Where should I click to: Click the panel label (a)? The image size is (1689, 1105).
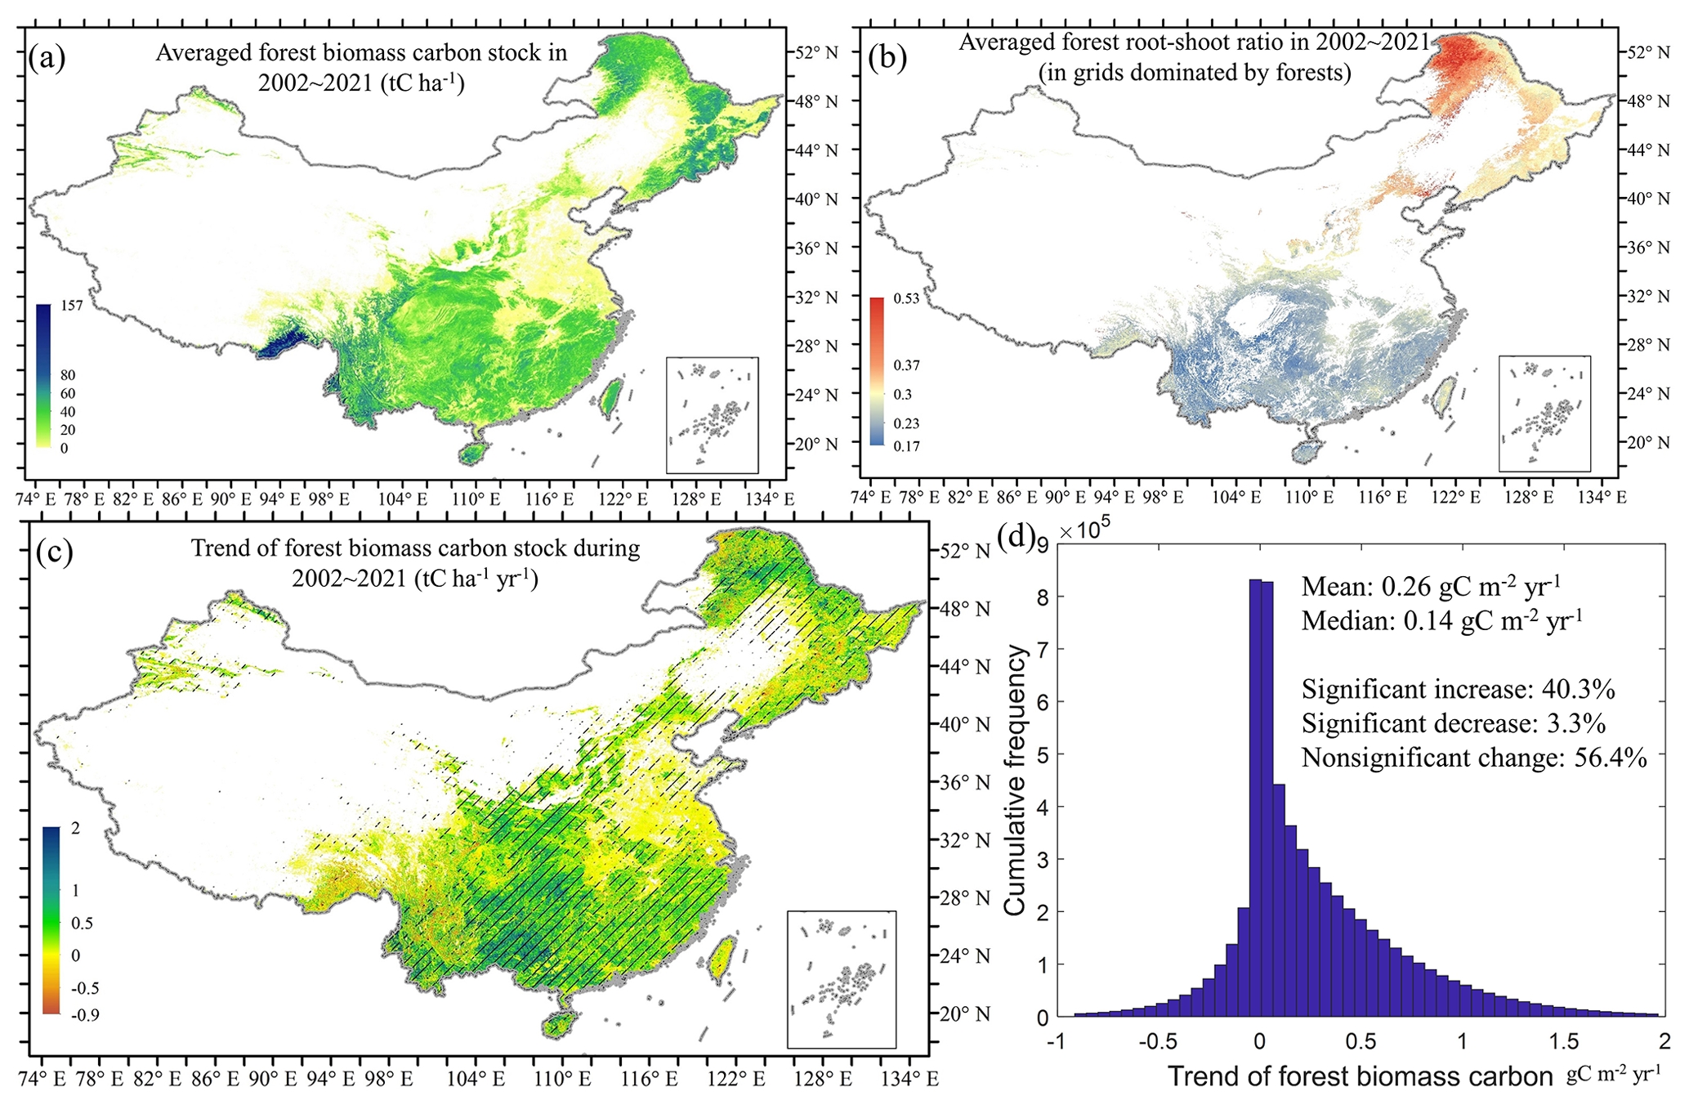pos(46,59)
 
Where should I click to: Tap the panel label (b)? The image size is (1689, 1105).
pos(887,58)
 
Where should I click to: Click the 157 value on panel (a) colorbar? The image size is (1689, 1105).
pos(72,306)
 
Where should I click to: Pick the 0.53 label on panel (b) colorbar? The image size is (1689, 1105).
pos(906,298)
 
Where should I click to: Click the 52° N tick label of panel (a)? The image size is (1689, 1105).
pos(818,53)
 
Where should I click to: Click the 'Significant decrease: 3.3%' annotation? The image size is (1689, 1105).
pos(1454,723)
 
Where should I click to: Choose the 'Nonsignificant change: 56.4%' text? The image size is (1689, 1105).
pos(1474,758)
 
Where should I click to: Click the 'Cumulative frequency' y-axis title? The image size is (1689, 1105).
pos(1015,780)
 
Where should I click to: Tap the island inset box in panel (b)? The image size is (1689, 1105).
pos(1544,414)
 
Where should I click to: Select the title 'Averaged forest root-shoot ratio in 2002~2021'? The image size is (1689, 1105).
pos(1194,42)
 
